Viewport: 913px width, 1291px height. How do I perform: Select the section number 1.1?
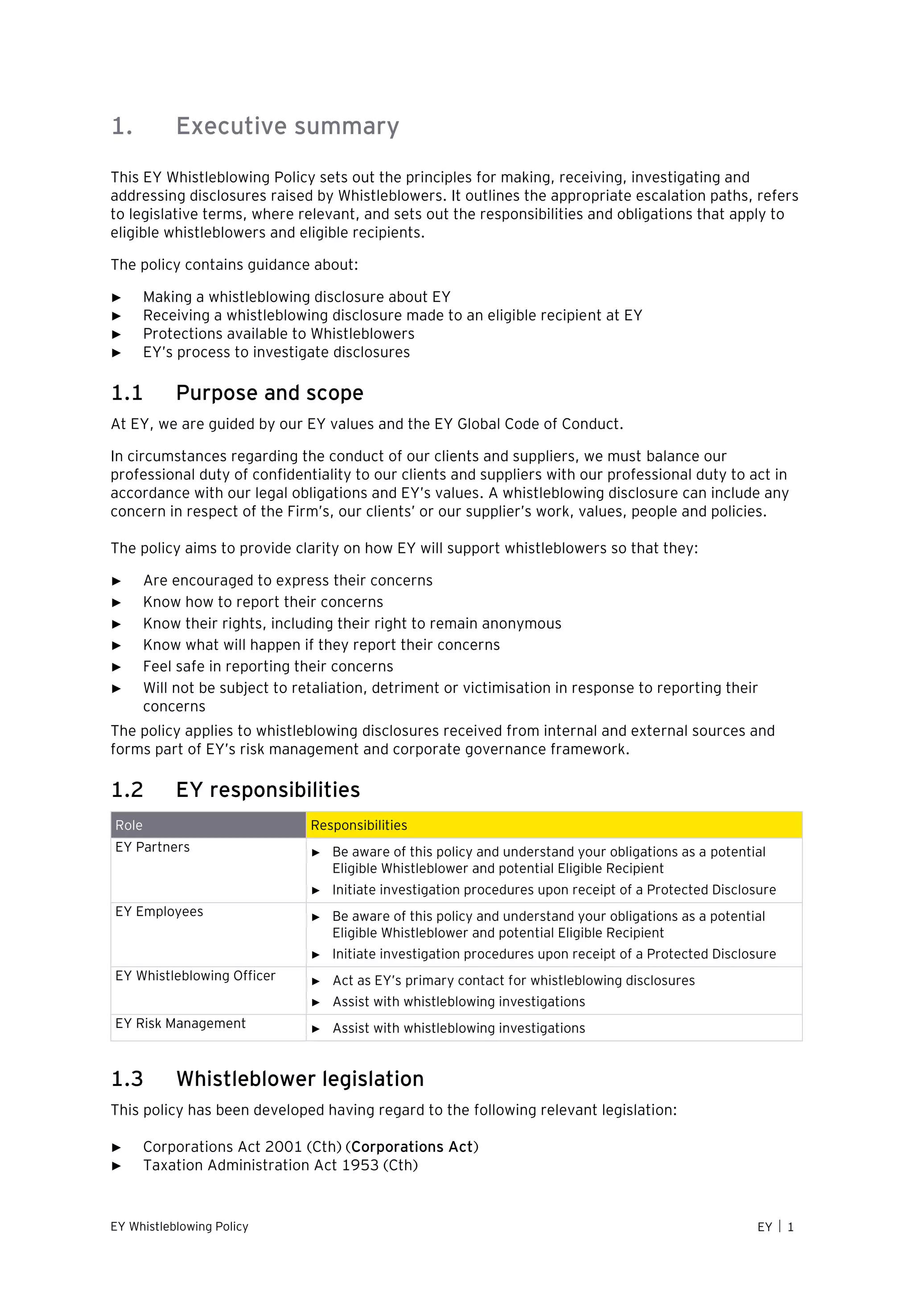(x=127, y=392)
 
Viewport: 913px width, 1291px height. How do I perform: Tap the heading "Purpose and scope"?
(x=269, y=392)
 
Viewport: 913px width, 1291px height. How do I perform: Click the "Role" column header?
(x=129, y=825)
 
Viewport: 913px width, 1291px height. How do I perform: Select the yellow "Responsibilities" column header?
(x=359, y=825)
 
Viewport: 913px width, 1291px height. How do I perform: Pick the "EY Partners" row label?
(x=152, y=847)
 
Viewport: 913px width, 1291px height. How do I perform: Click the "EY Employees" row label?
(x=159, y=912)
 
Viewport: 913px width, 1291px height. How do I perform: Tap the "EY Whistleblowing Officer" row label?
(x=195, y=976)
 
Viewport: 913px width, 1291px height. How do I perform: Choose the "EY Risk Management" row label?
(x=181, y=1023)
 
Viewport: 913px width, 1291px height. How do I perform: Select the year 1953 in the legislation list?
(x=360, y=1165)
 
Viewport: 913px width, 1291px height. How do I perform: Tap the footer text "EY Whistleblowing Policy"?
(x=179, y=1226)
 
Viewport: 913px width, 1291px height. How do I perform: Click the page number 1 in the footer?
(x=790, y=1227)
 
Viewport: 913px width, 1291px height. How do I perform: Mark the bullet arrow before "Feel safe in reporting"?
(x=116, y=667)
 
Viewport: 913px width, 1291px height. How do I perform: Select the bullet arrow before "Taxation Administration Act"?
(x=116, y=1166)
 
